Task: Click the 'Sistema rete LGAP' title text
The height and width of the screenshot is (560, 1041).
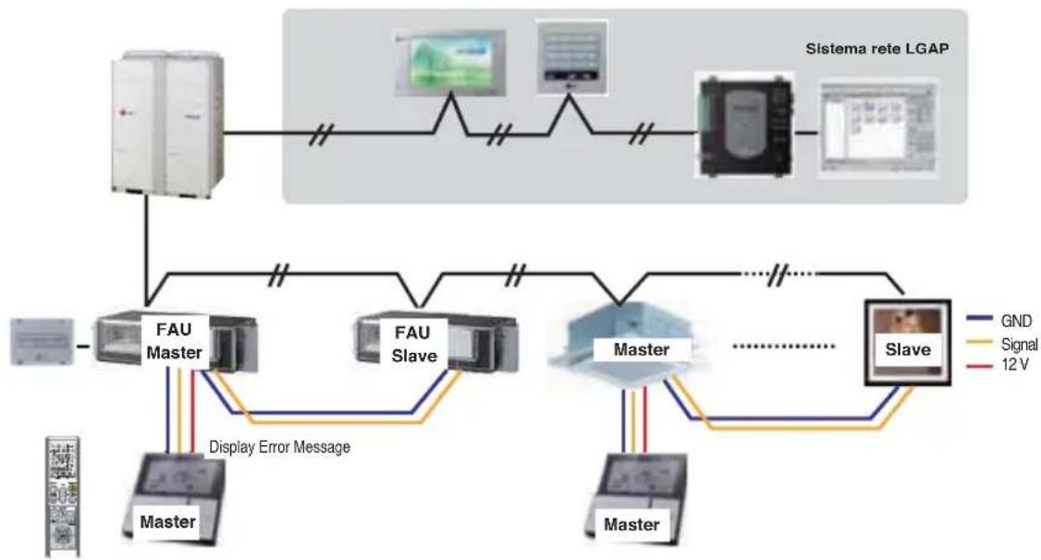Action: click(877, 48)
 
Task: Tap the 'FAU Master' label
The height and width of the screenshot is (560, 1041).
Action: click(174, 341)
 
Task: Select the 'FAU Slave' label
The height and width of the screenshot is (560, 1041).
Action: click(414, 345)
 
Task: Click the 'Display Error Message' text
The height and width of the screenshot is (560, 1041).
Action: click(279, 447)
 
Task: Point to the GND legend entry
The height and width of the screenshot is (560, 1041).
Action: click(999, 321)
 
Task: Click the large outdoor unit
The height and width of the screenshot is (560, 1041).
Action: click(166, 124)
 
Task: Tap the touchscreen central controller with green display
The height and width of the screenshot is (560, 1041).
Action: click(450, 63)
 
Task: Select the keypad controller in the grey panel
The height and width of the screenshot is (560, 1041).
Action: click(571, 57)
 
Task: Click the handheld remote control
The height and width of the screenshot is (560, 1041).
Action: click(63, 496)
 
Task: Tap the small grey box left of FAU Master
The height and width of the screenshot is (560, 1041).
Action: click(42, 342)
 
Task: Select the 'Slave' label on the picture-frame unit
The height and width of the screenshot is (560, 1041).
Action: click(908, 349)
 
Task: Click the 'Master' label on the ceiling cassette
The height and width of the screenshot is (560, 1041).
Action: click(642, 349)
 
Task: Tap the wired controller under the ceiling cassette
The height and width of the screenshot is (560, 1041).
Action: click(635, 498)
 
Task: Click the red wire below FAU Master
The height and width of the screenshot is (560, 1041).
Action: click(192, 411)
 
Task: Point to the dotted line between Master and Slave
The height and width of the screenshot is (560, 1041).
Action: click(783, 346)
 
